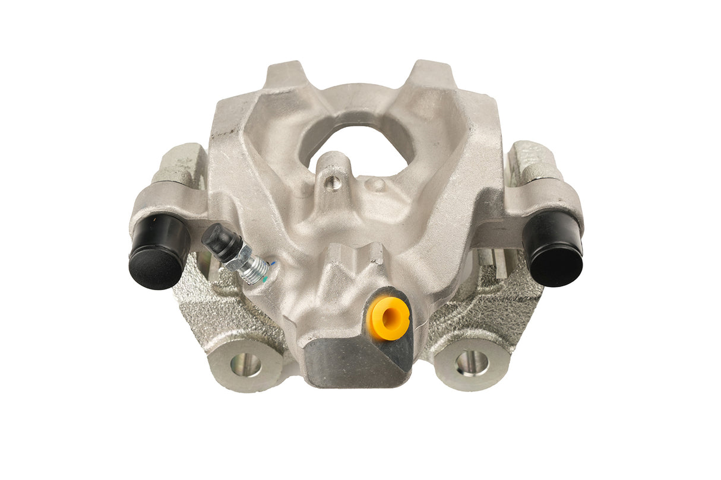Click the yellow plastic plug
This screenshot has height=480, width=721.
[x=388, y=318]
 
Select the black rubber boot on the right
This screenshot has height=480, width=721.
[x=553, y=249]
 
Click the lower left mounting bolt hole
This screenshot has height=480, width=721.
[x=246, y=364]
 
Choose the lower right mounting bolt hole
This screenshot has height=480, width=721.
[x=472, y=362]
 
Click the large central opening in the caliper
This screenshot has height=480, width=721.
[x=356, y=142]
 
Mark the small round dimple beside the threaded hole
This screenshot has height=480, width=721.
[x=375, y=185]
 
